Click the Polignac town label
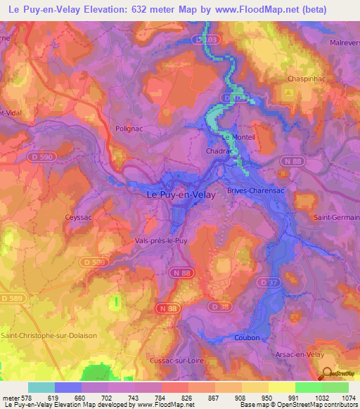coord(129,129)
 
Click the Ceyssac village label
coord(79,218)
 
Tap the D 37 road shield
coord(264,282)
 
